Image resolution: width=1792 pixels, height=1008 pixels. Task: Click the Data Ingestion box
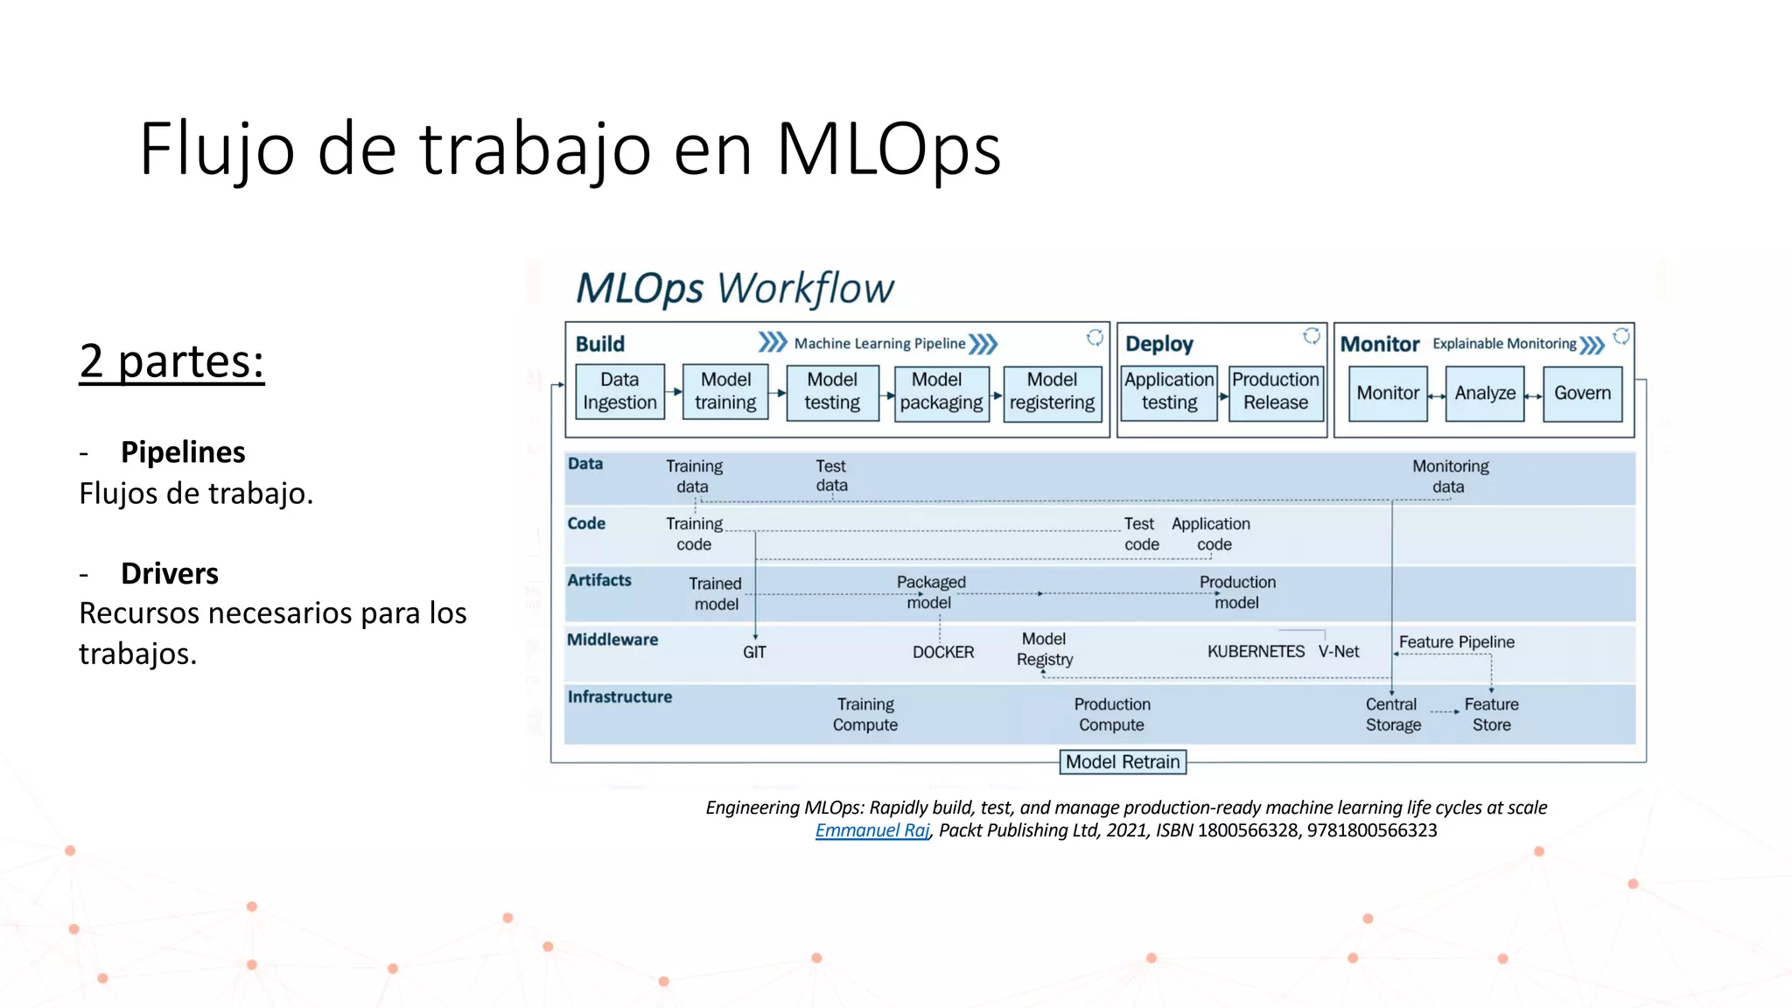(x=619, y=391)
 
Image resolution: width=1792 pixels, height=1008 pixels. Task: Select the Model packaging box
(x=941, y=391)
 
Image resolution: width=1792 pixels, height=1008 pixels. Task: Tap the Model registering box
(x=1052, y=391)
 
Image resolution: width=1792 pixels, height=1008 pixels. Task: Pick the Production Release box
(x=1275, y=391)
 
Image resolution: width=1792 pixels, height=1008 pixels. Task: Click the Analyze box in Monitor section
(x=1485, y=394)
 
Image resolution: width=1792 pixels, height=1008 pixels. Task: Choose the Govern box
(x=1582, y=394)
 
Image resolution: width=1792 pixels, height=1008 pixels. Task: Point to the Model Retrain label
(x=1123, y=762)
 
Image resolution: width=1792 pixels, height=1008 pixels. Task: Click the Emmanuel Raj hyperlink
(x=871, y=830)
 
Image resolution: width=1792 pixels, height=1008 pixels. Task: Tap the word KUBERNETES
(x=1256, y=652)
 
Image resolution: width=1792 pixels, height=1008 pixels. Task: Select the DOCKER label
(x=942, y=653)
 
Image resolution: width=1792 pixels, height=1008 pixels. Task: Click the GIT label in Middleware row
(x=754, y=653)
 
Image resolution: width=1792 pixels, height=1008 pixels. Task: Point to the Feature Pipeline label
(x=1456, y=642)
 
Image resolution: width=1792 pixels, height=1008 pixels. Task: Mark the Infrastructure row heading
(x=619, y=697)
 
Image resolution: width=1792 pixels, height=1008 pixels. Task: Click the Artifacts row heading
(x=598, y=580)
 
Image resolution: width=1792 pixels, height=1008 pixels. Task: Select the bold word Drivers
(x=170, y=574)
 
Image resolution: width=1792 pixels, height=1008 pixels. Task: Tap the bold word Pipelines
(x=183, y=452)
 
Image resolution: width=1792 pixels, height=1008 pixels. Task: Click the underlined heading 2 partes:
(x=171, y=361)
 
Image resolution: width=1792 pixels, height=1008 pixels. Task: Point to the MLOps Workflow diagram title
(x=734, y=289)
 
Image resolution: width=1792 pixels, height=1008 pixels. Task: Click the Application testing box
(x=1169, y=391)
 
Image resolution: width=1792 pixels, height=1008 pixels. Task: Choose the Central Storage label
(x=1392, y=715)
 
